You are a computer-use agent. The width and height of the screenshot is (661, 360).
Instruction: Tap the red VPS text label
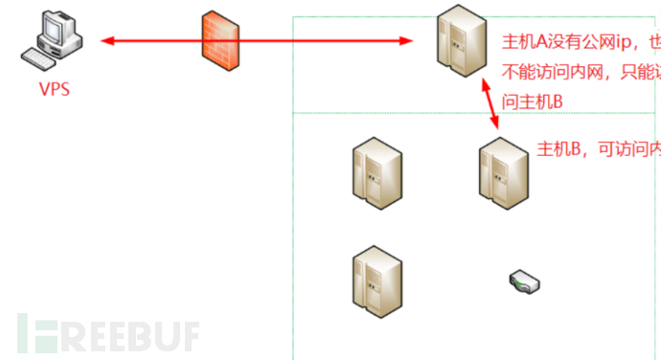tap(55, 89)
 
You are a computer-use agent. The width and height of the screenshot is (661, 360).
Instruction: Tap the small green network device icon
tap(524, 281)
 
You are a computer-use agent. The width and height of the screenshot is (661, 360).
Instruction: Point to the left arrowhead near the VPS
tap(106, 40)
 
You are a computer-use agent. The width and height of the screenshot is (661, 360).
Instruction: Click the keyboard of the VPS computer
tap(43, 60)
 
